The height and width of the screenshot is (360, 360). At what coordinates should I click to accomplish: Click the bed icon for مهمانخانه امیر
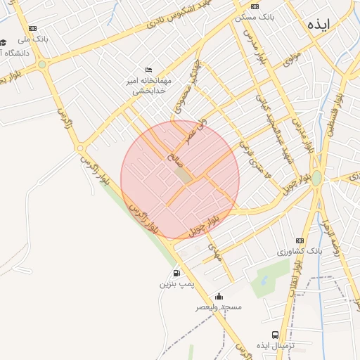tap(148, 70)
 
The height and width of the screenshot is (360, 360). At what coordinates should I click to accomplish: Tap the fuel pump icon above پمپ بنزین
tap(176, 273)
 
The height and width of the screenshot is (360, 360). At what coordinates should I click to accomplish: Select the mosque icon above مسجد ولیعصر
tap(219, 296)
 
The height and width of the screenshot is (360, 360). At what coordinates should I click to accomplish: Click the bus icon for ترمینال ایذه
tap(275, 335)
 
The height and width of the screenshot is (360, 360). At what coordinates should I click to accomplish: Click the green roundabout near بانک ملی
tap(42, 64)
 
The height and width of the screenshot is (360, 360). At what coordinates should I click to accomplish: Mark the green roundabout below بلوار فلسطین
tap(316, 179)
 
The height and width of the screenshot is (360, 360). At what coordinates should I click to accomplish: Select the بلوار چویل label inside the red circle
tap(205, 224)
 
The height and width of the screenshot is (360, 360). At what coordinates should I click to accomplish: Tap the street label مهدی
tap(215, 252)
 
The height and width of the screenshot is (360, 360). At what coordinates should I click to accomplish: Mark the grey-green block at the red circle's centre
tap(182, 175)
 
